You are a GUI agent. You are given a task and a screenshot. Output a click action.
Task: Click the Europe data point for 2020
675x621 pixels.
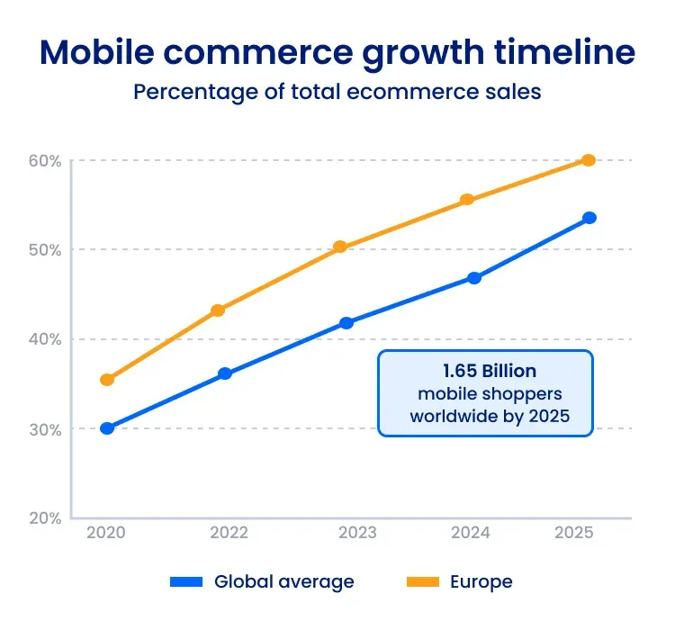point(107,380)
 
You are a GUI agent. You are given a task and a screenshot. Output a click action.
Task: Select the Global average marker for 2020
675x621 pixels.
point(107,428)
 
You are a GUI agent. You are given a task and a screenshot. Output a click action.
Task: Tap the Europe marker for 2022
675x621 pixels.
point(218,310)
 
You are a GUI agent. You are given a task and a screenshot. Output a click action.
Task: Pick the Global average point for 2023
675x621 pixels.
point(346,322)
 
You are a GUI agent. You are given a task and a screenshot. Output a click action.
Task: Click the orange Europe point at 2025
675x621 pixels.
point(589,160)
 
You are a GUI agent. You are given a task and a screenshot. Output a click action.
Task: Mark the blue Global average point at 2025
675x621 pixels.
point(589,218)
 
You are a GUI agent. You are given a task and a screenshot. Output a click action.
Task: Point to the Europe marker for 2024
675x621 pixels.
point(467,200)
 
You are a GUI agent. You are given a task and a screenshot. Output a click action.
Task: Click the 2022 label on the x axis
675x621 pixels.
point(229,533)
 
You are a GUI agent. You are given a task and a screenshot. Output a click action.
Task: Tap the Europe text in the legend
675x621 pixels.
point(481,582)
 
